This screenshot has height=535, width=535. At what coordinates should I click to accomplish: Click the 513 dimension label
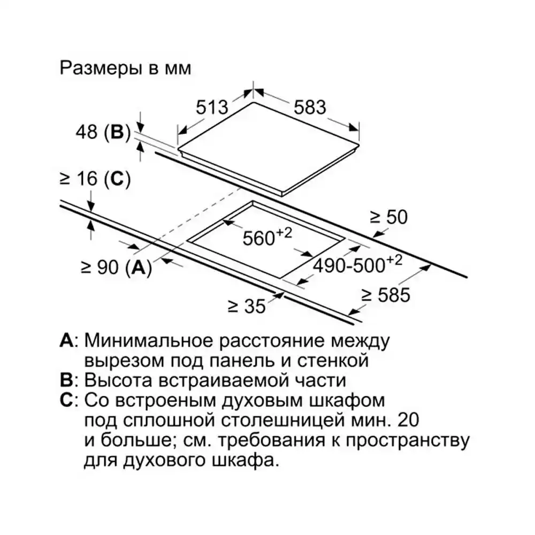[212, 107]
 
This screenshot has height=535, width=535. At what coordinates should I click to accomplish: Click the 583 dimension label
[310, 107]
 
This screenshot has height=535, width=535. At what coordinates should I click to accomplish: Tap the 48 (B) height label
[103, 132]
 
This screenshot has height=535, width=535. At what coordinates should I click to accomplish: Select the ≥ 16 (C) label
[95, 179]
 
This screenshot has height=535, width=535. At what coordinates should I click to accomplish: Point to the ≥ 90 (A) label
[116, 267]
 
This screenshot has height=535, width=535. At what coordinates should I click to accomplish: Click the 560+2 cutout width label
[267, 236]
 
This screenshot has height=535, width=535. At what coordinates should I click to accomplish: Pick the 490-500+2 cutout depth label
[357, 264]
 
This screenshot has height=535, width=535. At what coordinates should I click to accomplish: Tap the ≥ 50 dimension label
[389, 217]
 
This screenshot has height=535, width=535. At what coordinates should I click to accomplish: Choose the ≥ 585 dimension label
[386, 295]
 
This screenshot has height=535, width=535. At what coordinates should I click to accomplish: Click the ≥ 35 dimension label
[247, 306]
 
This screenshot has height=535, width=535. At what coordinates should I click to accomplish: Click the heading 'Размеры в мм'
[125, 68]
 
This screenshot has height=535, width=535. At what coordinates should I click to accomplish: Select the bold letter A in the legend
[66, 340]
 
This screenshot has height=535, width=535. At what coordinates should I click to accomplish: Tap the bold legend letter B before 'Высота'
[66, 380]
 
